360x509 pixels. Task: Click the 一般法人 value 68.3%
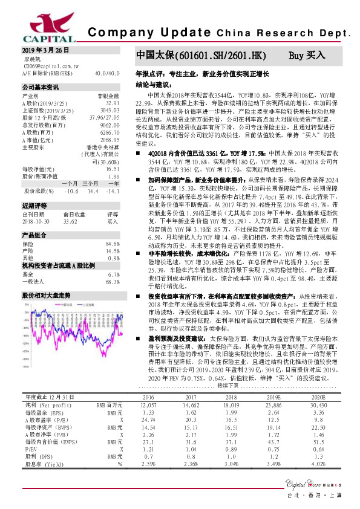point(113,282)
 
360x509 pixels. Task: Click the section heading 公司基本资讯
point(41,88)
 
